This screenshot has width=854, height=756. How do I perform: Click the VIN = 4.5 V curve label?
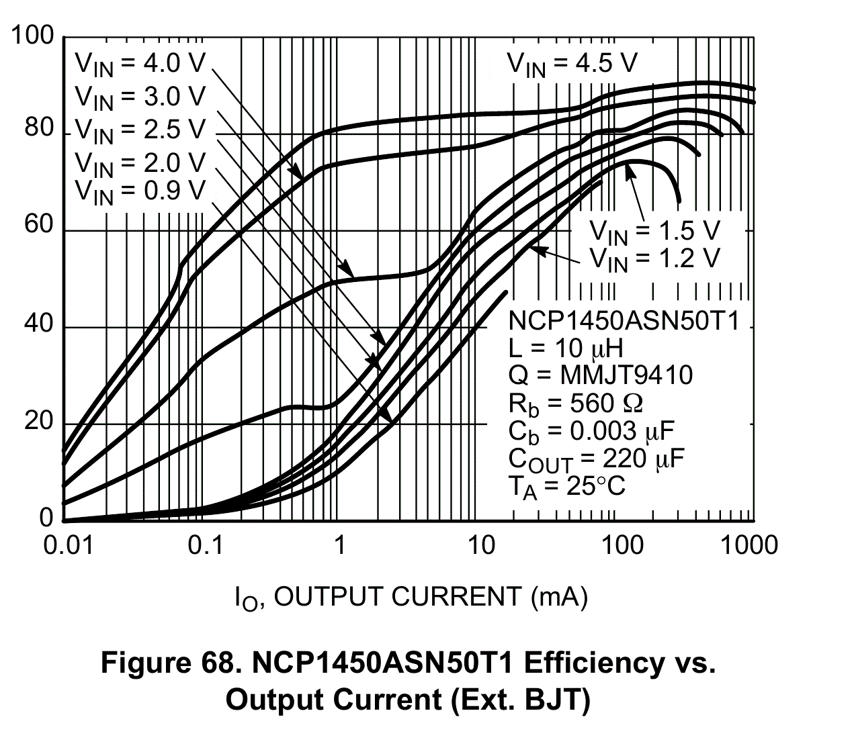[x=572, y=64]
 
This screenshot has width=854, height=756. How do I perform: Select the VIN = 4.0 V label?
[x=140, y=64]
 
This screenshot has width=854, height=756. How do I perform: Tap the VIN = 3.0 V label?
[x=140, y=97]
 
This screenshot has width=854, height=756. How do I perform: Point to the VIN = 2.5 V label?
[x=140, y=130]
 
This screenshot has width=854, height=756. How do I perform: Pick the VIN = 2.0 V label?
[x=140, y=162]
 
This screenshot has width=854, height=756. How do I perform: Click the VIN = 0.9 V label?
[x=140, y=192]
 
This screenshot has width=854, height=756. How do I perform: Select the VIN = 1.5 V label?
[x=654, y=232]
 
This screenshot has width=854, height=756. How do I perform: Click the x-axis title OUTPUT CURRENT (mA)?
[x=411, y=597]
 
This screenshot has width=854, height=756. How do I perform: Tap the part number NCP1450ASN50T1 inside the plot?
[x=624, y=321]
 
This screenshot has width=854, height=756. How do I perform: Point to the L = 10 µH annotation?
[x=566, y=348]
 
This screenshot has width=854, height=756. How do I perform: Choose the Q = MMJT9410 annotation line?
[x=600, y=375]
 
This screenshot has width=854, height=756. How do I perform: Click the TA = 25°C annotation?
[x=566, y=486]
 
